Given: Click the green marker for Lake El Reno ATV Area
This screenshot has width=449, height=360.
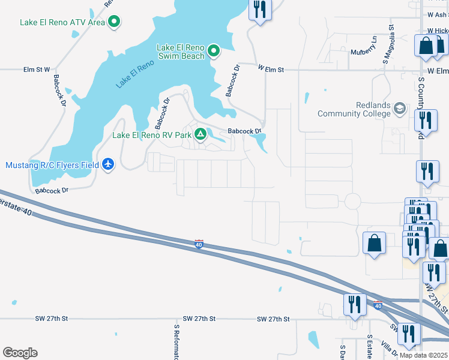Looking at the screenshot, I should [x=114, y=23].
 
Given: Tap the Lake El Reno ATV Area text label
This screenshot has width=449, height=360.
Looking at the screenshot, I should [x=62, y=23].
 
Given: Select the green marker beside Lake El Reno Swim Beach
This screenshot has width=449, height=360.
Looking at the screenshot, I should [x=214, y=52].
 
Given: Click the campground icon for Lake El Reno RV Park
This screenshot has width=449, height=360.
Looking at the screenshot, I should [x=200, y=134].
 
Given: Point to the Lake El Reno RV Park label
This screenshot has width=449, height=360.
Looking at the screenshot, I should [x=152, y=135].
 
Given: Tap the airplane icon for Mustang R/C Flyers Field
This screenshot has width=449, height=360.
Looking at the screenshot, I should [x=108, y=164].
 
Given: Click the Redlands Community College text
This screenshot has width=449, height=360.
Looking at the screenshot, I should [x=355, y=109].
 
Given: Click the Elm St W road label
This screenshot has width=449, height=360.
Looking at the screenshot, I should [x=37, y=70].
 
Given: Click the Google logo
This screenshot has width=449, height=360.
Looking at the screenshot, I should [x=20, y=353].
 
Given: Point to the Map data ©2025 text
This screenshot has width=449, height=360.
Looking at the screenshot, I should [x=423, y=355].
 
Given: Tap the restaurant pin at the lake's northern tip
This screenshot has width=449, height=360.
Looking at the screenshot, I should [x=260, y=10].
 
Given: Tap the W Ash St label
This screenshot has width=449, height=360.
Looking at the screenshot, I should [x=438, y=14].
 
